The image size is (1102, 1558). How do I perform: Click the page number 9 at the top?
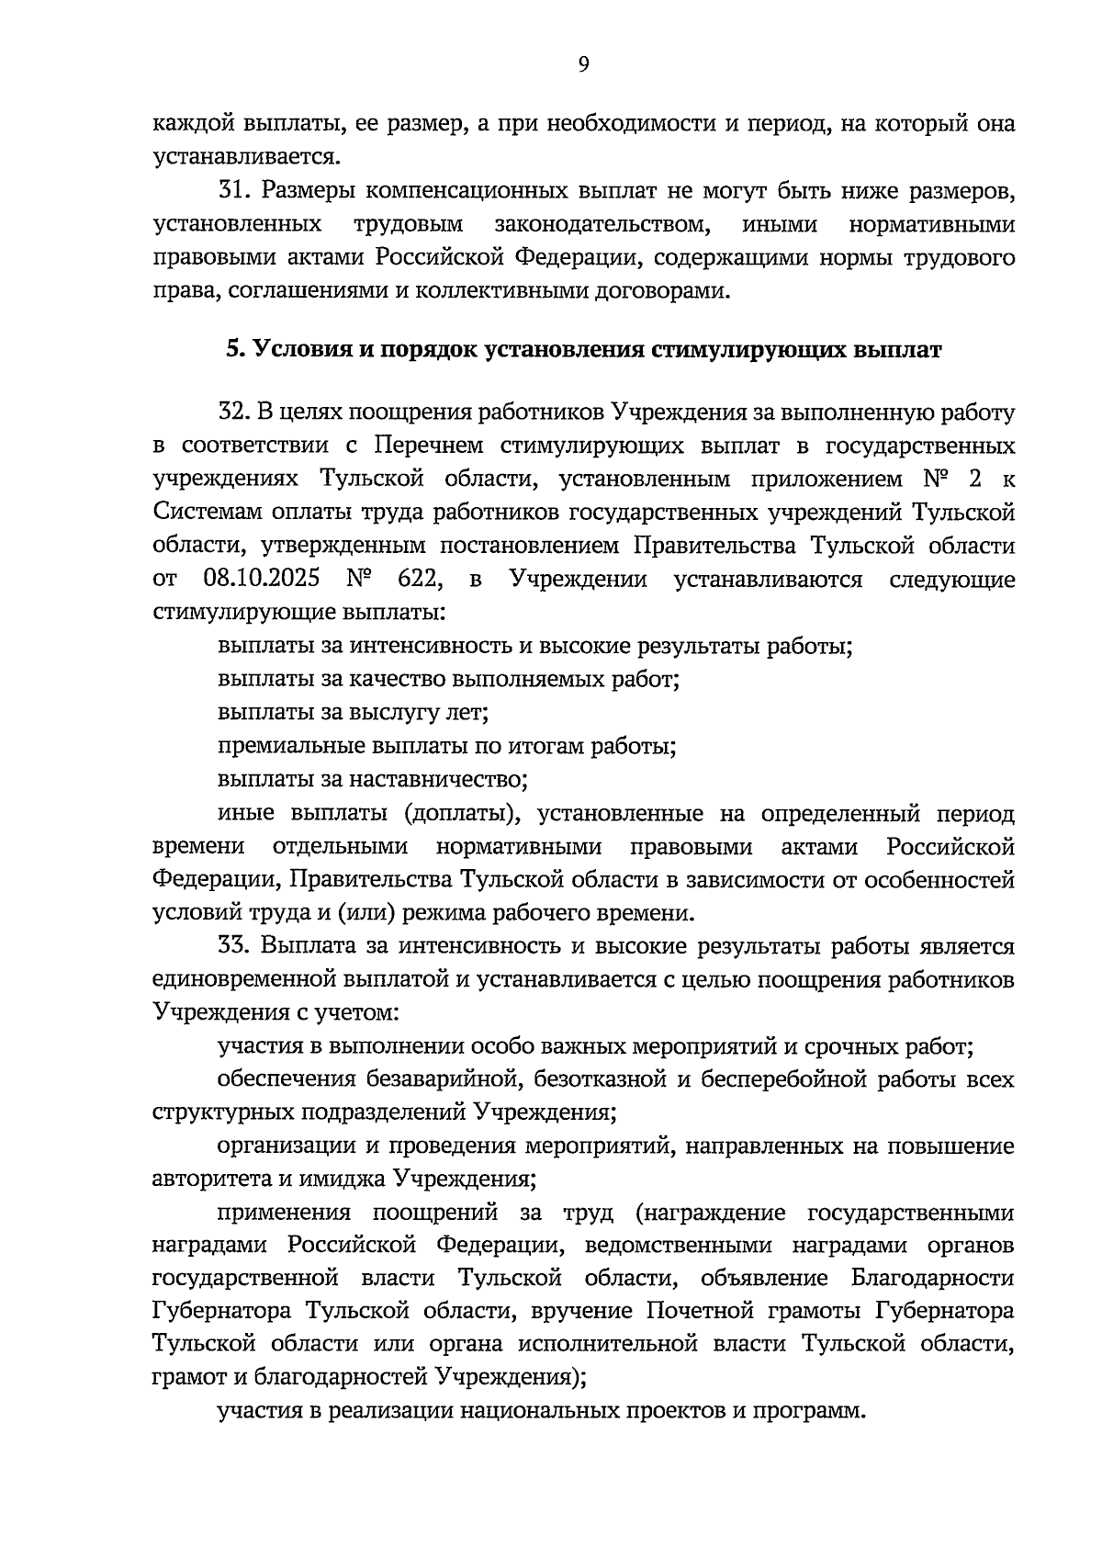click(x=584, y=63)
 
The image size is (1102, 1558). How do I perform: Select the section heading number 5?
click(x=234, y=350)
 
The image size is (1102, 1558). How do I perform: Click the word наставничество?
click(x=437, y=780)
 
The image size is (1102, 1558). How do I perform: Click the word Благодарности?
click(x=932, y=1278)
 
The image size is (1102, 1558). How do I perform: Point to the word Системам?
click(x=201, y=513)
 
